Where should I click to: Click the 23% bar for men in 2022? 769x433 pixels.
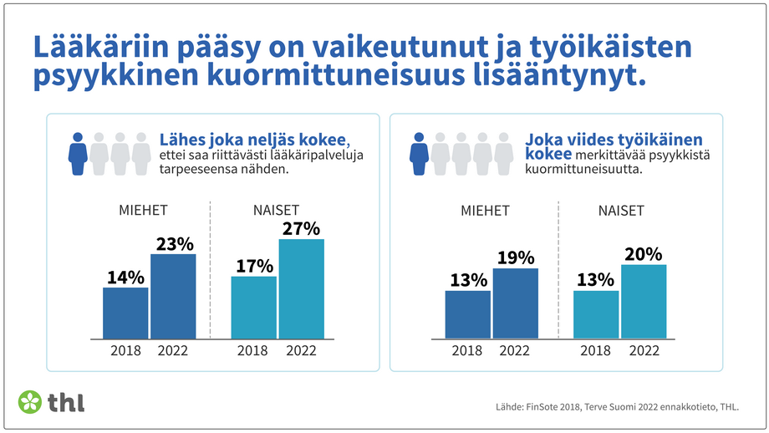[x=173, y=296]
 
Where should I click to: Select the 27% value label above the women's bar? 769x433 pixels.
[x=301, y=228]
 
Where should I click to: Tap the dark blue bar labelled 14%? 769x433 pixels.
[x=125, y=313]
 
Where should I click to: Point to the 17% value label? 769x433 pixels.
[x=253, y=266]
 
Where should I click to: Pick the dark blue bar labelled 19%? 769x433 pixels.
[x=515, y=303]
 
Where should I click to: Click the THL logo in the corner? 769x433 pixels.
[x=51, y=401]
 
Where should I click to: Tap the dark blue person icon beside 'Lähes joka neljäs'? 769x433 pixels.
[x=78, y=153]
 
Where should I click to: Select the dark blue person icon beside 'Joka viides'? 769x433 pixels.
[x=419, y=153]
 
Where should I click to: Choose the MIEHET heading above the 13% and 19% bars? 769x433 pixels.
[x=485, y=211]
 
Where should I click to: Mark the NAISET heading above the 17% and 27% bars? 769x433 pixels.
[x=276, y=211]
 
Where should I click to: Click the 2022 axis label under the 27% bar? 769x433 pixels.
[x=301, y=351]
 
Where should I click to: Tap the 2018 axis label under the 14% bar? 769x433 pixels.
[x=125, y=351]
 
